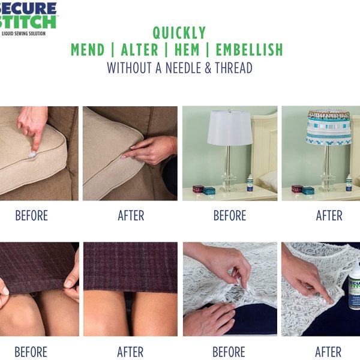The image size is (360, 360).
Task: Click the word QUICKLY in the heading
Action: (x=179, y=33)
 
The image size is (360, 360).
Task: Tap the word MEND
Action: (x=88, y=50)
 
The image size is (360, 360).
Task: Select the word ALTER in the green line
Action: (x=140, y=50)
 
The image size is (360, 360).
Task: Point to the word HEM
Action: (x=187, y=50)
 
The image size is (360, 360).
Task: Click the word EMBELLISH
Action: (x=250, y=50)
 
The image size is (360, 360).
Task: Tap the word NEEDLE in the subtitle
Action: (x=180, y=68)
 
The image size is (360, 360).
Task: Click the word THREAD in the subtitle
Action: (x=234, y=68)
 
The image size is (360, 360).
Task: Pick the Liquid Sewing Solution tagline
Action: (x=23, y=34)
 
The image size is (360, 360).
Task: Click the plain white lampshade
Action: (x=230, y=128)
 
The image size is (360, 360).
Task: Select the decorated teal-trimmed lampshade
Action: (x=329, y=128)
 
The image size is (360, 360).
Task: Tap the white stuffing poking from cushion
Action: (x=32, y=154)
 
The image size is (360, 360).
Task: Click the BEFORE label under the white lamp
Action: (x=230, y=215)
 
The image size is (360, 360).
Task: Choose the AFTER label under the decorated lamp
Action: (x=329, y=215)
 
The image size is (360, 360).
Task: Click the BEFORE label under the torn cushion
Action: (x=31, y=215)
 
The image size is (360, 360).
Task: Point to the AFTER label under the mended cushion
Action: (x=131, y=215)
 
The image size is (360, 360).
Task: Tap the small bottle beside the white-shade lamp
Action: (x=250, y=184)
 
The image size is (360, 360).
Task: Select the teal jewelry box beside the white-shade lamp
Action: (x=209, y=191)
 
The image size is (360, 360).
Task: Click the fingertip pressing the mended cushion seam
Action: (x=124, y=157)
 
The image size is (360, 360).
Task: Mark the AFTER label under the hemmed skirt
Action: (x=130, y=352)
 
